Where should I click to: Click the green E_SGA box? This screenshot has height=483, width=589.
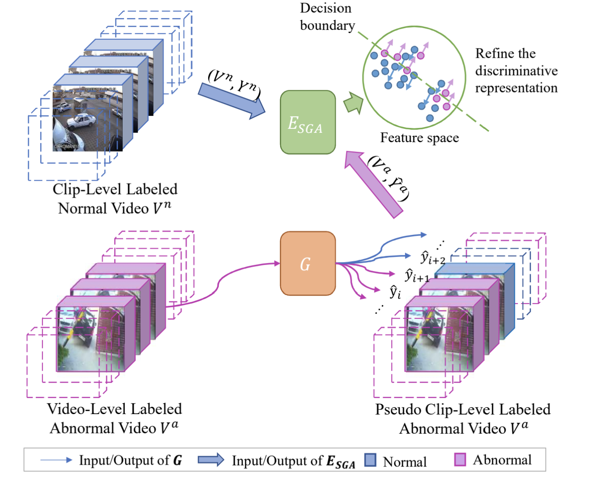click(308, 123)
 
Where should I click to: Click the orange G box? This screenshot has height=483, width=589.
click(308, 263)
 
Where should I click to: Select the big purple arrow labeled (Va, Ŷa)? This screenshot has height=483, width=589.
click(373, 184)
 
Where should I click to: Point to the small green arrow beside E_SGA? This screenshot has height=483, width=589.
click(354, 103)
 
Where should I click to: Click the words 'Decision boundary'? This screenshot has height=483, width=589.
click(327, 17)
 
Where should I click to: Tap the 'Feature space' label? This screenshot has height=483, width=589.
click(419, 138)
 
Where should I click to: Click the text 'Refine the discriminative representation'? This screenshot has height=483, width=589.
click(516, 71)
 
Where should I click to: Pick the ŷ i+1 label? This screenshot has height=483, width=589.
click(417, 275)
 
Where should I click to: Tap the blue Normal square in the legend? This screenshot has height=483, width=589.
click(370, 460)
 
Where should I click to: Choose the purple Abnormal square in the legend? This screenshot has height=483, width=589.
click(460, 460)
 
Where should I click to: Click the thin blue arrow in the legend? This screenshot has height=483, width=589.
click(56, 460)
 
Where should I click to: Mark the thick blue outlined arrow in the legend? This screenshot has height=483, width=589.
click(211, 460)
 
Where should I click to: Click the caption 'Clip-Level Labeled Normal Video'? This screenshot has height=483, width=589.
click(115, 199)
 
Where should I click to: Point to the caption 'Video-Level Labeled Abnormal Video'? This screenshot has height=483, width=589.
click(115, 419)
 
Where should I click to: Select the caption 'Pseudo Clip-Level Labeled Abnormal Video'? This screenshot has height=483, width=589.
click(463, 419)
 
